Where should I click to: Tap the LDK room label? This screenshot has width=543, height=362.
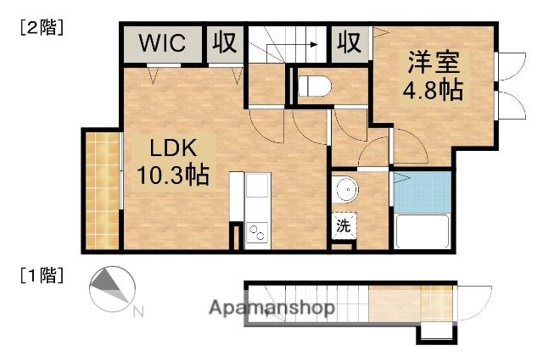pos(174,148)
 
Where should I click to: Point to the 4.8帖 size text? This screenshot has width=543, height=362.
pos(434,89)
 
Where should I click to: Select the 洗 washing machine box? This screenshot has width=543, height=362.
pos(344,226)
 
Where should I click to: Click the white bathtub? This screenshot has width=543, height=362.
pos(423,230)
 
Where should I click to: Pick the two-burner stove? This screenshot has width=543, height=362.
pos(257,231)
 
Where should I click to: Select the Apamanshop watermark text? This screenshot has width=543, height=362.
pos(271,308)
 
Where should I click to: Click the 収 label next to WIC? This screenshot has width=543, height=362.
pos(225,42)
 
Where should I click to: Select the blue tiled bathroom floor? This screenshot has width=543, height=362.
pos(422,192)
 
